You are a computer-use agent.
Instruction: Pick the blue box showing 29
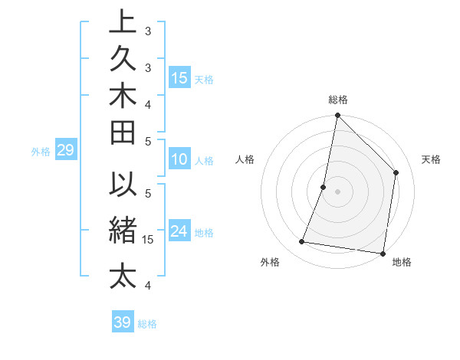(65, 151)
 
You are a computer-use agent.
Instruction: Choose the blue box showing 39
(123, 322)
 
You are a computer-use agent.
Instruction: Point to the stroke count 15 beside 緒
(149, 240)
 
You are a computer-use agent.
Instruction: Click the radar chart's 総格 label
(338, 100)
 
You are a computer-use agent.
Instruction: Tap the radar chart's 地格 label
(402, 263)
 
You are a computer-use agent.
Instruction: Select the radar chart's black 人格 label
(245, 159)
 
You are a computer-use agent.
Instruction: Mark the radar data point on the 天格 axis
(396, 172)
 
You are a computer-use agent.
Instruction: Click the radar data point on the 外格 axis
(302, 242)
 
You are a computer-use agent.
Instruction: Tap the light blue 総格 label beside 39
(148, 324)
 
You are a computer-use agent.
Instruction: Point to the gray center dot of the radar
(338, 191)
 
